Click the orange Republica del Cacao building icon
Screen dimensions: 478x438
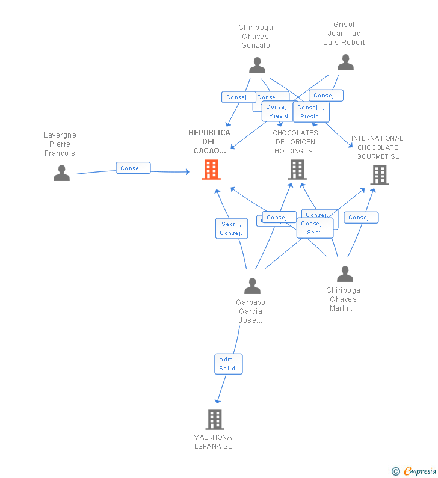(211, 170)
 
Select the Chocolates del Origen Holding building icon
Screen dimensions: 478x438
(297, 170)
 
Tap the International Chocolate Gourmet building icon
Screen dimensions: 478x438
(380, 174)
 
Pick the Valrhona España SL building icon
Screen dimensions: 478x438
(215, 419)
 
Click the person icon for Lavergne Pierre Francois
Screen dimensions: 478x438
(61, 173)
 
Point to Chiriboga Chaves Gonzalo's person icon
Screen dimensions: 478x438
(258, 65)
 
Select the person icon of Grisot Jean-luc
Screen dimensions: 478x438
(345, 63)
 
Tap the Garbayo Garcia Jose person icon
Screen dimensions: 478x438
(253, 286)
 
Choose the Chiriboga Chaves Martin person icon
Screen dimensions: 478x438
(345, 274)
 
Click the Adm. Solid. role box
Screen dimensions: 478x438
(229, 364)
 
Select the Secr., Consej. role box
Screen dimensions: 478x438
(231, 228)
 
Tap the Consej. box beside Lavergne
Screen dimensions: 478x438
(133, 168)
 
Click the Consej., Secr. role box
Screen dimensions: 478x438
(315, 228)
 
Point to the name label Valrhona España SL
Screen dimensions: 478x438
(213, 441)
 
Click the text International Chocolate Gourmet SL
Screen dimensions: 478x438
(377, 147)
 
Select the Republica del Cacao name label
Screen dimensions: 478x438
(209, 141)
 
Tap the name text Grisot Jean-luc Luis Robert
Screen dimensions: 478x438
(344, 34)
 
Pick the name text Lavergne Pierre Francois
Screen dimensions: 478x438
(60, 144)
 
